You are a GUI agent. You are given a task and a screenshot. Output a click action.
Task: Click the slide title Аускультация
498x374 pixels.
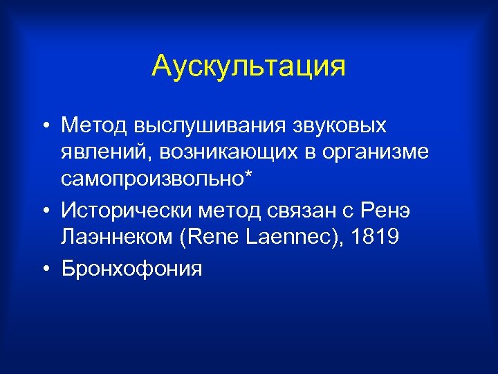pos(248,66)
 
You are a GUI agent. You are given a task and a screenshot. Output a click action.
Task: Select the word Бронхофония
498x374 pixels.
pos(131,266)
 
